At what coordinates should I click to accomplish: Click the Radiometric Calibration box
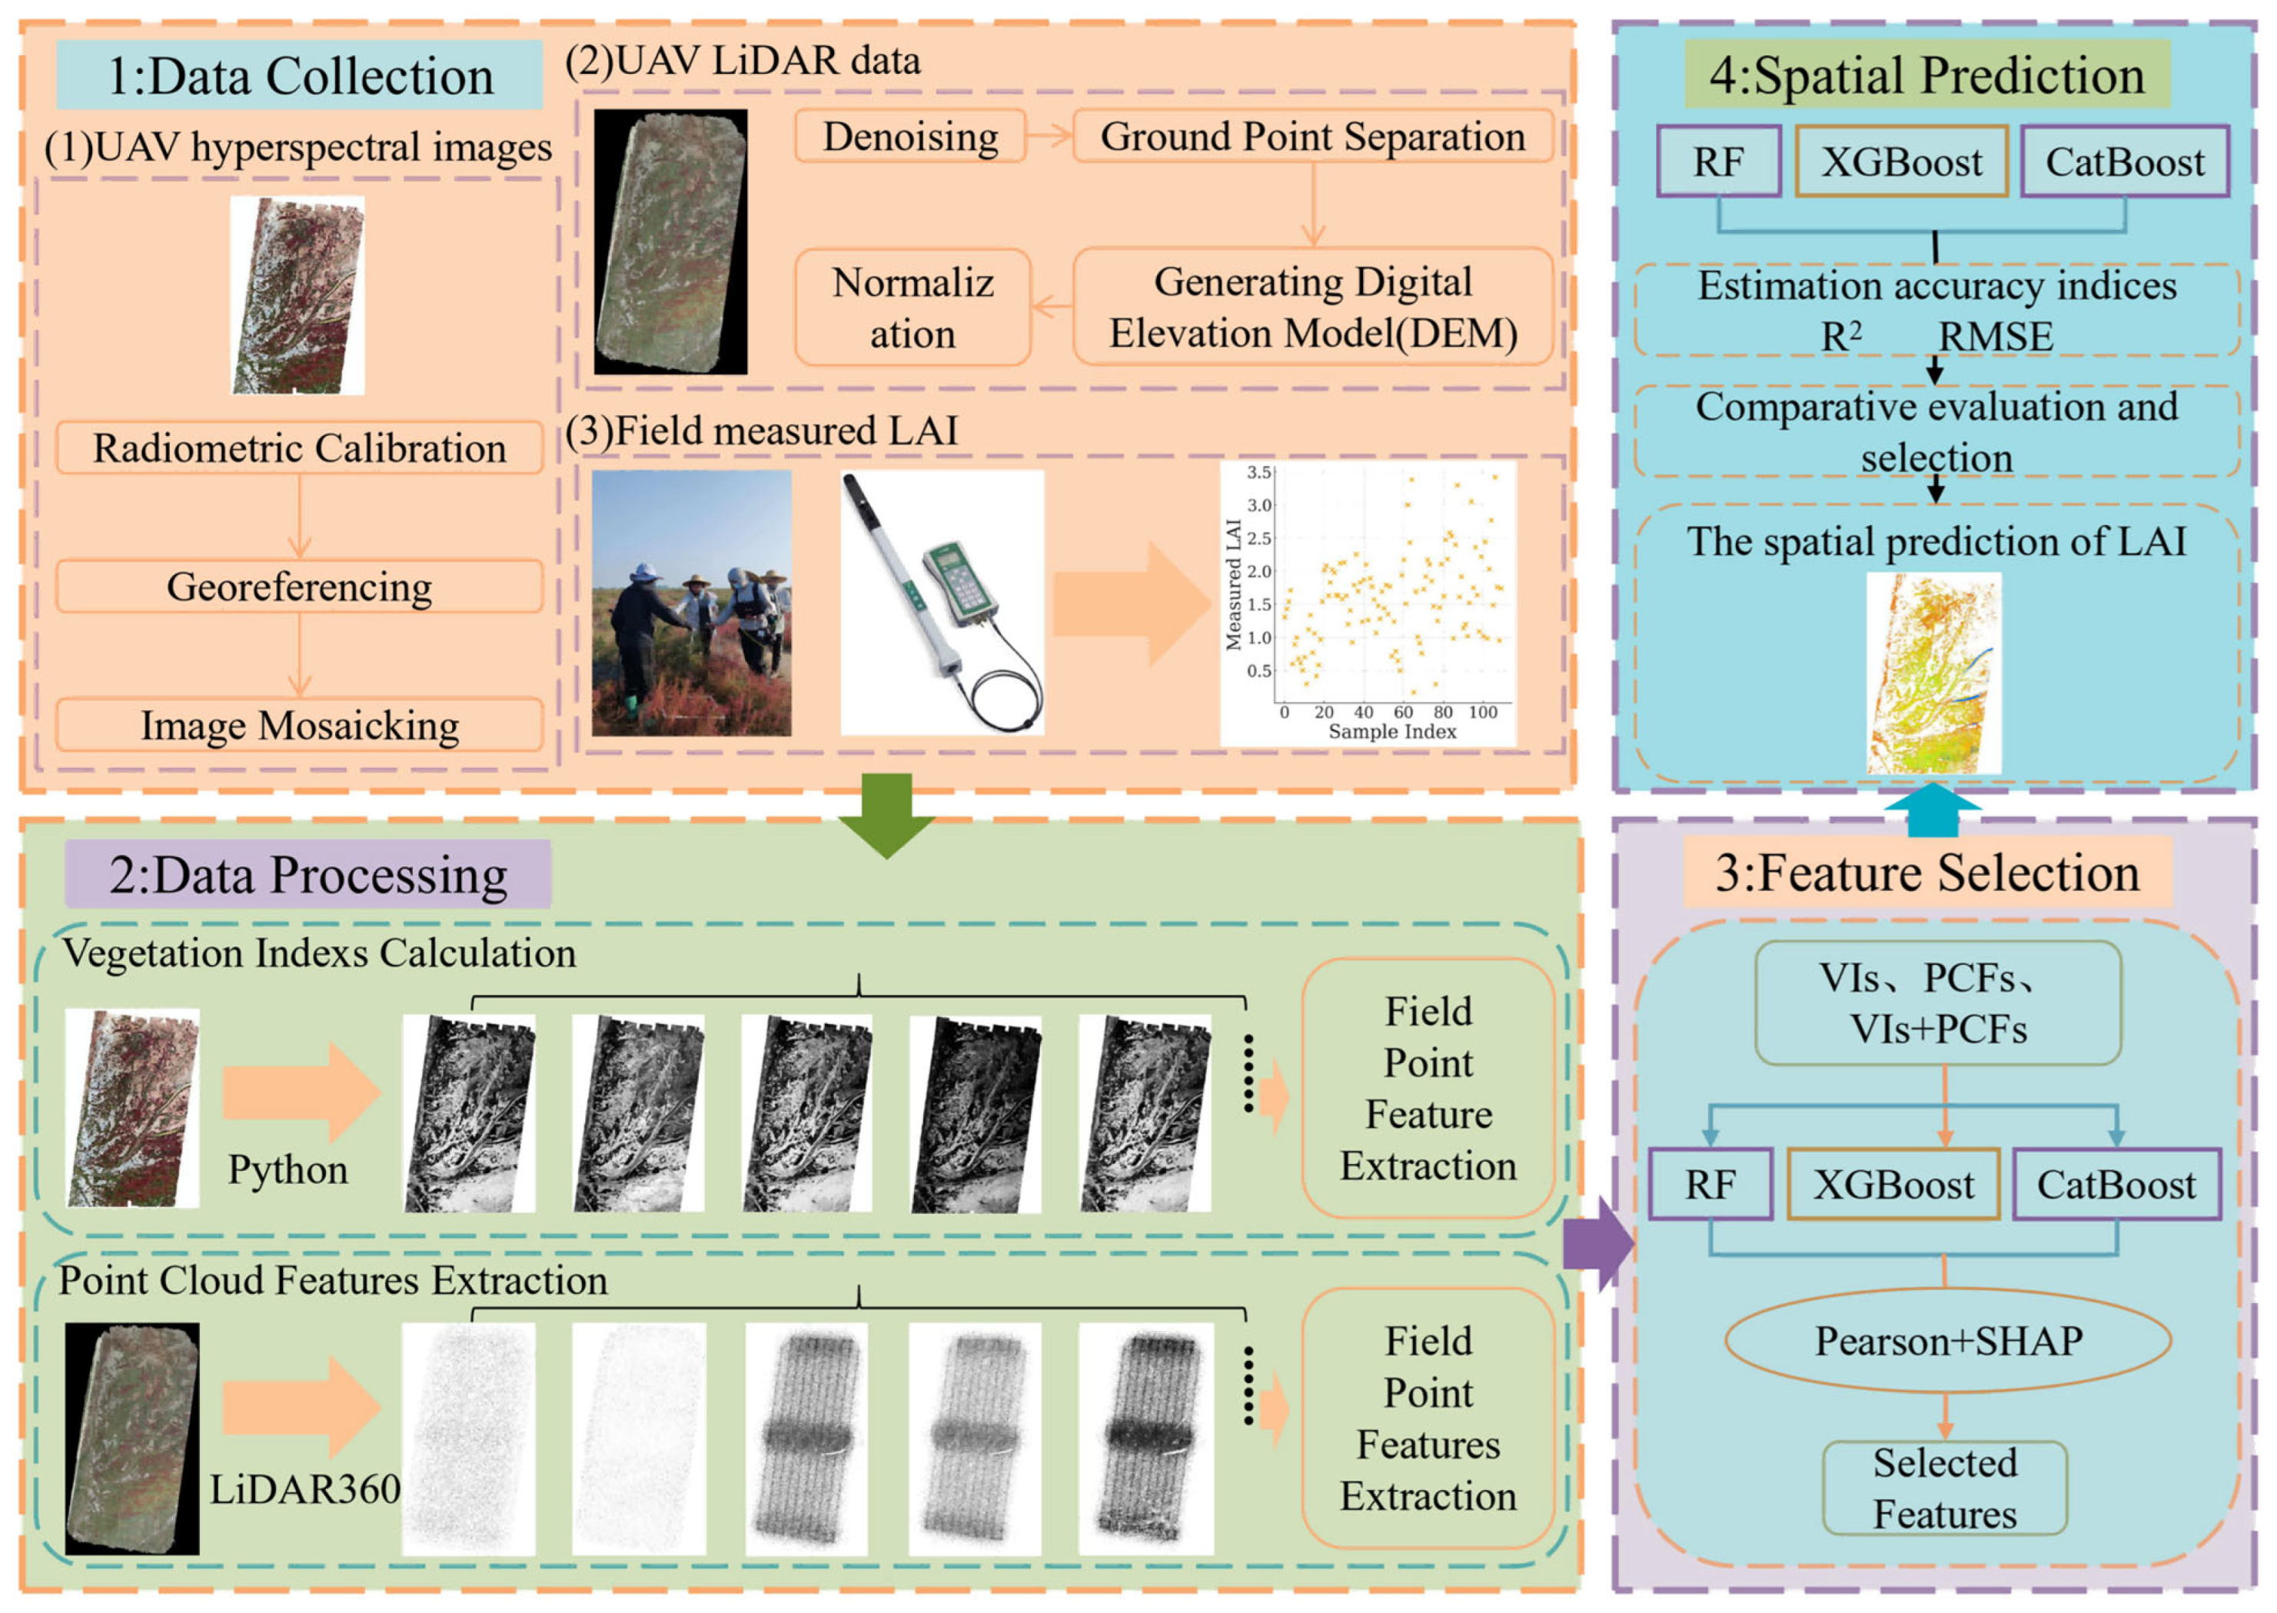(299, 448)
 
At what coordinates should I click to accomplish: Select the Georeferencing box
(299, 586)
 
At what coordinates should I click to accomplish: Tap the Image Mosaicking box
(299, 725)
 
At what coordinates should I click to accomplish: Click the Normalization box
(912, 308)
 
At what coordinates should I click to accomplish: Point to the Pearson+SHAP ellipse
(1947, 1341)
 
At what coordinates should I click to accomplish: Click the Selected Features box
(1943, 1488)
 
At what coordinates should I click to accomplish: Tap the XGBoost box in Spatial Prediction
(1900, 161)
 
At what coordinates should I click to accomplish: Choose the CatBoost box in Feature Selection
(2116, 1184)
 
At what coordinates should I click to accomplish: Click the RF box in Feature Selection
(1709, 1184)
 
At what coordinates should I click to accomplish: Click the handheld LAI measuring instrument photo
(942, 603)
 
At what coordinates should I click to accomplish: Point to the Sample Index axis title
(1391, 732)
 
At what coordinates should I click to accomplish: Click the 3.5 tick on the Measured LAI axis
(1258, 472)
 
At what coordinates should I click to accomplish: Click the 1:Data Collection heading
(299, 75)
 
